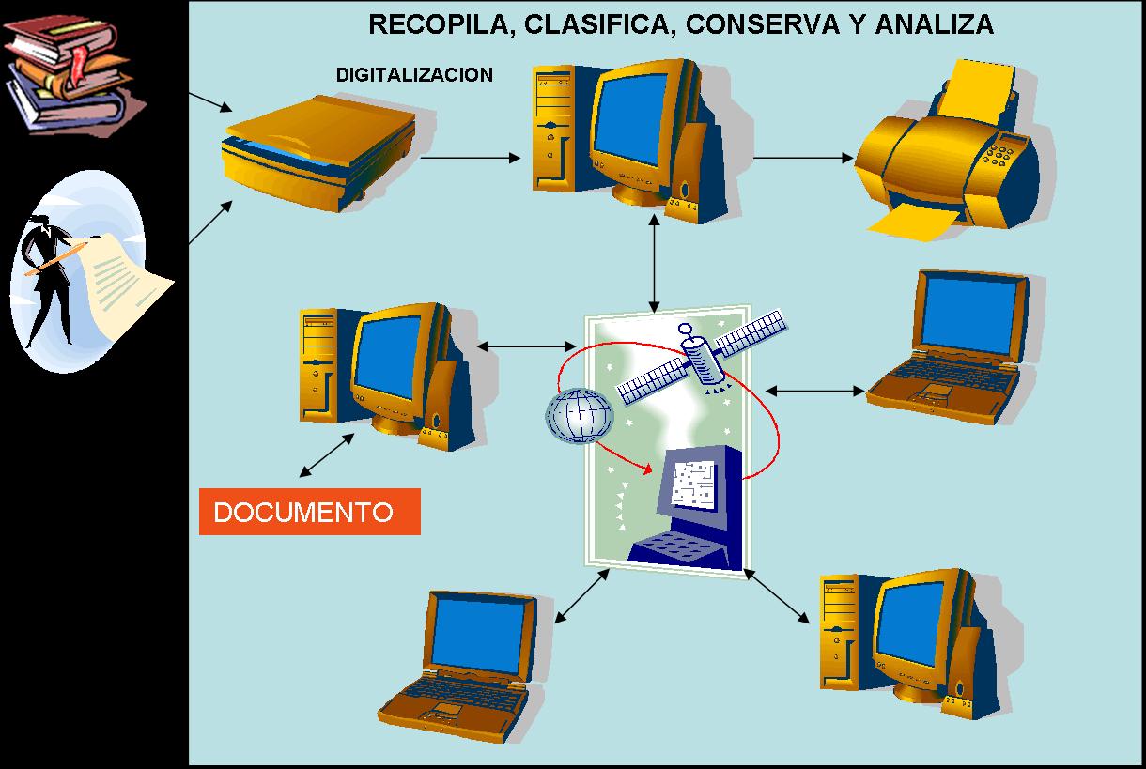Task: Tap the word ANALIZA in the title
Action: pyautogui.click(x=935, y=24)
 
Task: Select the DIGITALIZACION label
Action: pyautogui.click(x=414, y=75)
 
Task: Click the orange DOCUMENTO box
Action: pyautogui.click(x=310, y=512)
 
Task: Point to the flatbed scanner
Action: pyautogui.click(x=319, y=153)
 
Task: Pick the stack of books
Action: pyautogui.click(x=71, y=74)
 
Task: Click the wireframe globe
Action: pyautogui.click(x=580, y=416)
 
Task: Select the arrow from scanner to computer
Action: pyautogui.click(x=470, y=158)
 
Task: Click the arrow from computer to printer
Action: pyautogui.click(x=803, y=158)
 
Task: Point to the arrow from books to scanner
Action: pyautogui.click(x=210, y=102)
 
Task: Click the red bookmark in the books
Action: pyautogui.click(x=79, y=66)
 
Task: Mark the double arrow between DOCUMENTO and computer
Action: pyautogui.click(x=326, y=455)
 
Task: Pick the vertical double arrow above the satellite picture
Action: pyautogui.click(x=654, y=263)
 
